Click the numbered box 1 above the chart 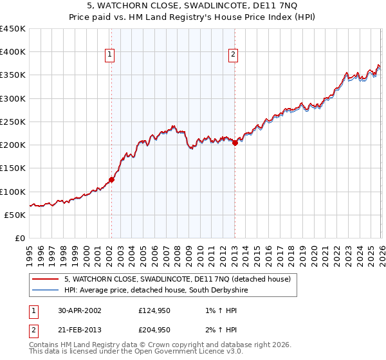[x=111, y=55]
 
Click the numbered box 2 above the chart [x=232, y=55]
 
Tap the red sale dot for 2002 [x=111, y=180]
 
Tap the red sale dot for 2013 [x=235, y=143]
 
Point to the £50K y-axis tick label [x=15, y=215]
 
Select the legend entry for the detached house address [x=178, y=280]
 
